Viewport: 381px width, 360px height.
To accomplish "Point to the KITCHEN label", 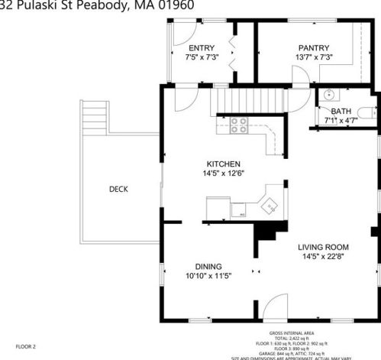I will pos(224,164).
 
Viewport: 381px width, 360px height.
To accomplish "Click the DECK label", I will pos(118,190).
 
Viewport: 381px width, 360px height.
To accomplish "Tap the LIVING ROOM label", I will pos(323,247).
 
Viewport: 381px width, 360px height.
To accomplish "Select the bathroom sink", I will pos(327,96).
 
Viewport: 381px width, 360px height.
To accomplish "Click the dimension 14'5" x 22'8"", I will pos(323,257).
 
